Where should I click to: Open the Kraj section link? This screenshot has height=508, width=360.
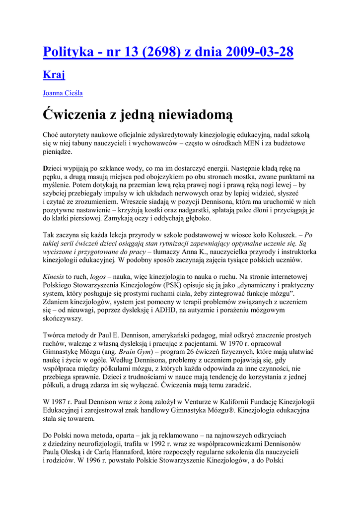click(54, 75)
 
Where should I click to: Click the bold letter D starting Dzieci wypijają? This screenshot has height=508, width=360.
click(46, 168)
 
